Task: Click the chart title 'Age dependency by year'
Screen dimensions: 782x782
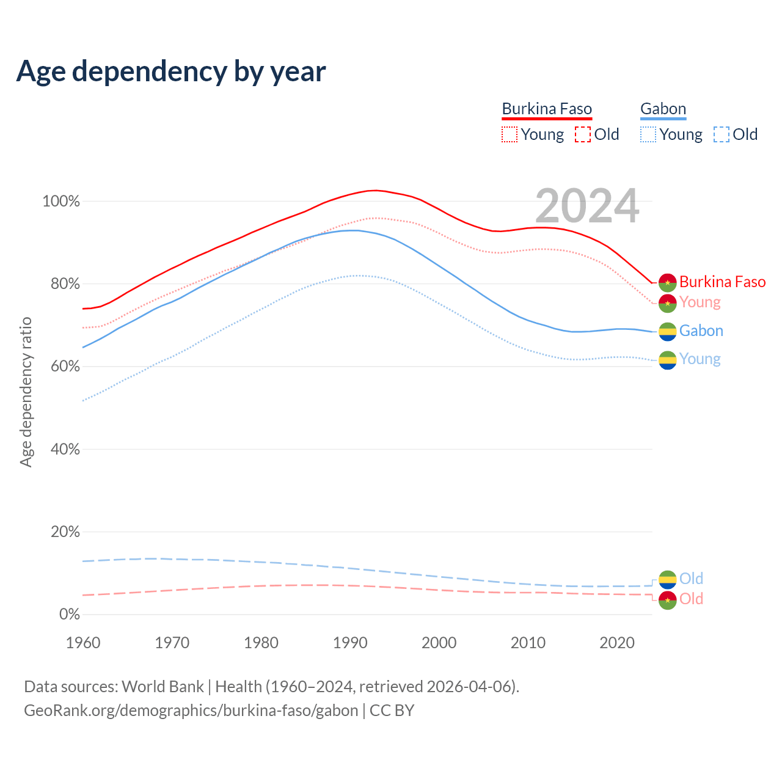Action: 171,71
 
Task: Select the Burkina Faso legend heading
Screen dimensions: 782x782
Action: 547,109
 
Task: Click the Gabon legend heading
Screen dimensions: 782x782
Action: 663,109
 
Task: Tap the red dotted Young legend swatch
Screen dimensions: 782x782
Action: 509,134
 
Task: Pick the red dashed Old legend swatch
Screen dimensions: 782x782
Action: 583,134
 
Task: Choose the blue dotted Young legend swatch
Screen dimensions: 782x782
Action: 648,134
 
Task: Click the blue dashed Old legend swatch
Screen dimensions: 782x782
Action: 722,134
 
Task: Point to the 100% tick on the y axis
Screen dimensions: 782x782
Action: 61,201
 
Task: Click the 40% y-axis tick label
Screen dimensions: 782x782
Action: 64,449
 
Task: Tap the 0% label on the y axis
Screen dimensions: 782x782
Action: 69,614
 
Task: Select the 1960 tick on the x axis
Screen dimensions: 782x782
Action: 83,643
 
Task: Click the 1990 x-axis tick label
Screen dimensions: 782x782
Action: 350,643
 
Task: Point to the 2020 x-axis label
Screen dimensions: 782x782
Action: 617,643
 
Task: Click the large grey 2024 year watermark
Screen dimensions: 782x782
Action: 587,206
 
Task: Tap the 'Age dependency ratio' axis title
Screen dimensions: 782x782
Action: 26,392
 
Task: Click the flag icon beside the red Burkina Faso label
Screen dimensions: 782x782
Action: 667,282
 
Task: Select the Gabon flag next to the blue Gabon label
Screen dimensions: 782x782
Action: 667,331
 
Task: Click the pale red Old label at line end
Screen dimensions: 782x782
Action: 691,599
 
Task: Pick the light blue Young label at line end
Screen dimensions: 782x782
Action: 700,359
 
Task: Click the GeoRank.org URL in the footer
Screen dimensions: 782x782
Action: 191,711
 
